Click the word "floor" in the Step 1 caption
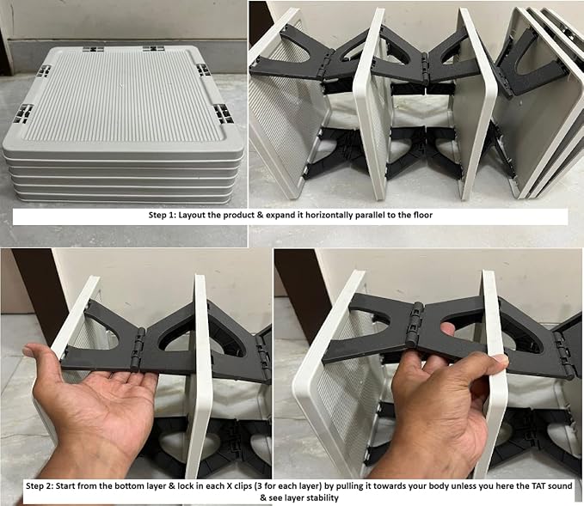422,215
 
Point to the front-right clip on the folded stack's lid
223,113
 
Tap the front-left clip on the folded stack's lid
24,113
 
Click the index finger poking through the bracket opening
447,329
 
